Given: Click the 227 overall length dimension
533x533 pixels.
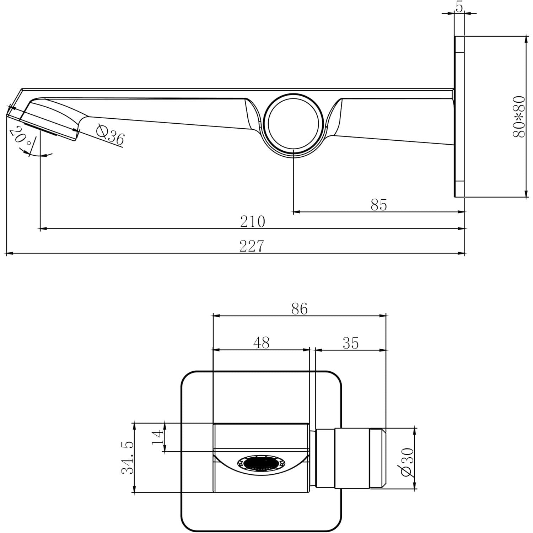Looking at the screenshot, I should tap(252, 246).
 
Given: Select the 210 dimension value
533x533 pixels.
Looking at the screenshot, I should tap(252, 221).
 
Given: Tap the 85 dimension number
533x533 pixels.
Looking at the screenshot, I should tap(378, 205).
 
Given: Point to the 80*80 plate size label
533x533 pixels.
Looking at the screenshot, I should tap(519, 116).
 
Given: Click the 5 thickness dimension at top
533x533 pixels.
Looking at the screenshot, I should tap(459, 7).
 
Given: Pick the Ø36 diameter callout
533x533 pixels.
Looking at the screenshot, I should tap(111, 135).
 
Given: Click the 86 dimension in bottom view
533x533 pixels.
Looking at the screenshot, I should tap(299, 309).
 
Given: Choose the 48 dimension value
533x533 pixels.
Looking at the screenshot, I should tap(261, 343).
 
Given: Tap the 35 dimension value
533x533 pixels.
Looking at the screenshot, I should tap(351, 343).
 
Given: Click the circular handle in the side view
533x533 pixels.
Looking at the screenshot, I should tap(293, 124).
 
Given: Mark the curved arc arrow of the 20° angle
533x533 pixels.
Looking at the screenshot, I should tap(39, 155).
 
